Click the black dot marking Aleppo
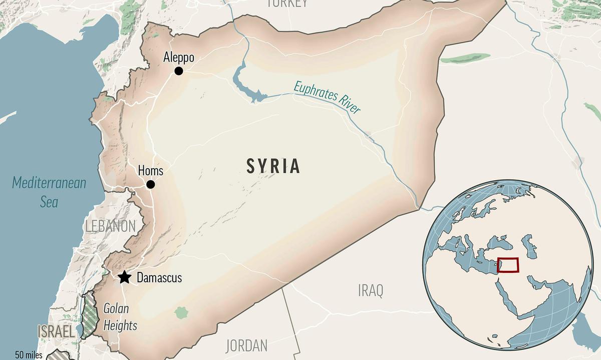coord(178,71)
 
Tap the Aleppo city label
coord(178,58)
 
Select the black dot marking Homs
coord(150,185)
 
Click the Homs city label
coord(150,171)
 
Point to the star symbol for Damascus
coord(124,277)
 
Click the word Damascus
coord(159,277)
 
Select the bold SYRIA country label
coord(273,166)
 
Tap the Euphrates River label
coord(327,97)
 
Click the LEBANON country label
coord(110,226)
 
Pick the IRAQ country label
coord(371,290)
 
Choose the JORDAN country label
coord(246,345)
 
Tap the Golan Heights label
coord(120,317)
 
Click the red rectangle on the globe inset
coord(508,265)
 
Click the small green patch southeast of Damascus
coord(181,313)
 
